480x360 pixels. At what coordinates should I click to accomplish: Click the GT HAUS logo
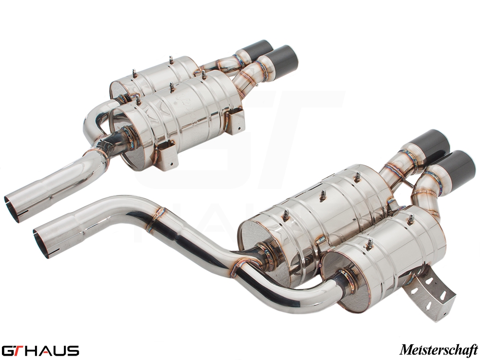tap(40, 350)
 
